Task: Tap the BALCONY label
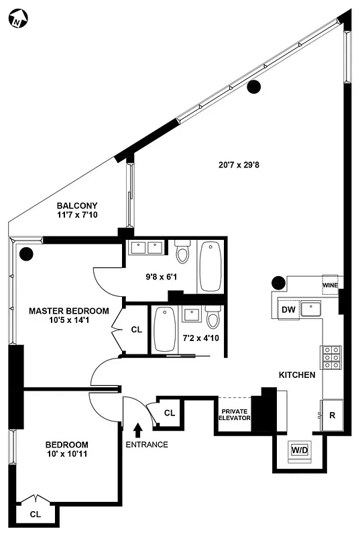77,206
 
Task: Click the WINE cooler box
331,283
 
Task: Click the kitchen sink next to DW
311,309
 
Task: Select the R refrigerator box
333,415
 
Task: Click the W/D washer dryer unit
299,450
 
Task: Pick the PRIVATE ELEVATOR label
235,413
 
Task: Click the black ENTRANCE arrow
139,429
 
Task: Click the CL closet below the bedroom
34,515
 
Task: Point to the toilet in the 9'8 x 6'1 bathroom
182,255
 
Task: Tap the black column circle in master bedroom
27,254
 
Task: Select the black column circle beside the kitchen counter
278,283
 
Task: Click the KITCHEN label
297,375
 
